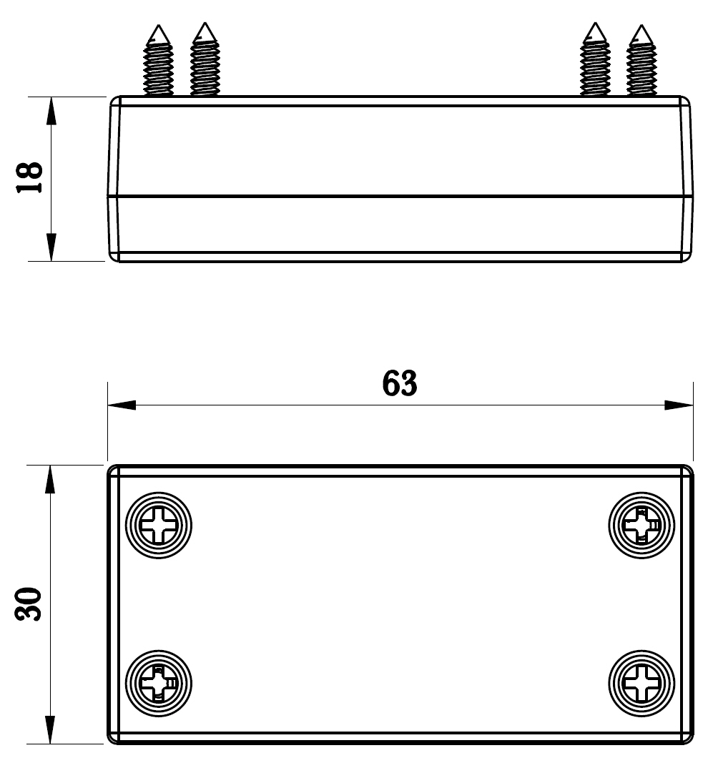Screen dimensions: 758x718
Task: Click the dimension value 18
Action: point(31,178)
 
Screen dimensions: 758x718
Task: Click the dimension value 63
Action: point(400,384)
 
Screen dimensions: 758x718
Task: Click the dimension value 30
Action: point(31,605)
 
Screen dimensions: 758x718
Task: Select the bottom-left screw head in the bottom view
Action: point(159,684)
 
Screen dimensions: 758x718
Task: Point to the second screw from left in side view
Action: point(205,61)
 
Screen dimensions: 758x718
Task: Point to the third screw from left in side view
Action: point(595,61)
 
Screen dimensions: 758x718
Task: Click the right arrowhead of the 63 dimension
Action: point(679,405)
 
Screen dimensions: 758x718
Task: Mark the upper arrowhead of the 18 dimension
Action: point(51,110)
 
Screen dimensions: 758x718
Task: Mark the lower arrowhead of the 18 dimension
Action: point(51,247)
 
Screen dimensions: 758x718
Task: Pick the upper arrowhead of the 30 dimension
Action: point(50,479)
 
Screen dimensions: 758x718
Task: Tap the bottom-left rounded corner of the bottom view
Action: point(113,738)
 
